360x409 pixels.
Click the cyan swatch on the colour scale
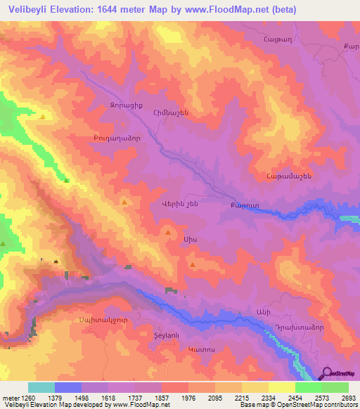[41, 387]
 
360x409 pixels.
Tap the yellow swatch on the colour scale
[281, 387]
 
